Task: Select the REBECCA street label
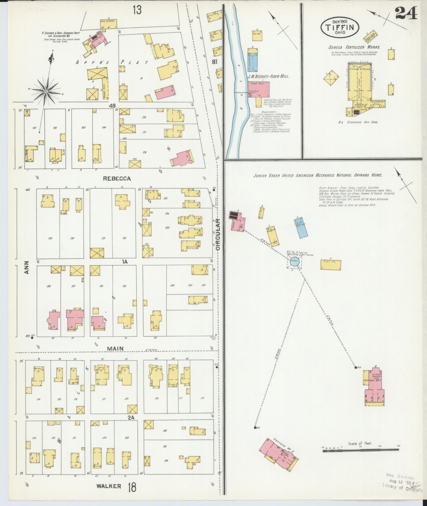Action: pyautogui.click(x=117, y=179)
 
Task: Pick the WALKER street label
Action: pyautogui.click(x=109, y=486)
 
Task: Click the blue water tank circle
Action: pyautogui.click(x=294, y=261)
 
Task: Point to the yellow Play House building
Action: pyautogui.click(x=331, y=265)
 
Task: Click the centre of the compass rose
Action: pyautogui.click(x=46, y=91)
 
